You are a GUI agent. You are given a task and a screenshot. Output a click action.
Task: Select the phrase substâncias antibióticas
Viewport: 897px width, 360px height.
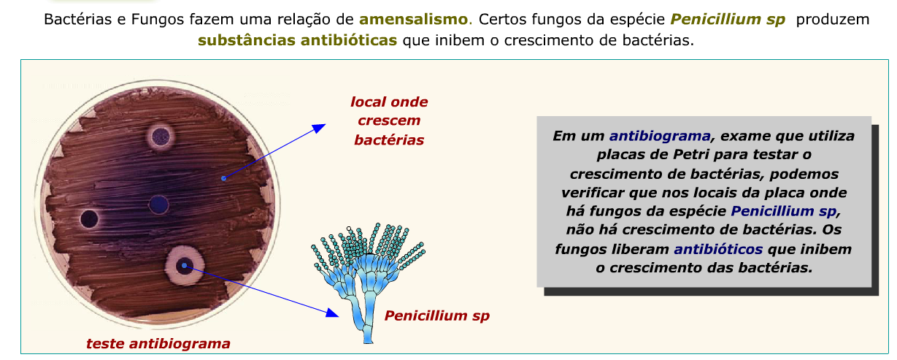click(297, 40)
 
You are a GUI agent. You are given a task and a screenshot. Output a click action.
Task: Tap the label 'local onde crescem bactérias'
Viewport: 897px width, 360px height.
click(389, 120)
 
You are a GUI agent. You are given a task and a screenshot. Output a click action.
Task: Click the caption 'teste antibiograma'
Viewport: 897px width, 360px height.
click(158, 343)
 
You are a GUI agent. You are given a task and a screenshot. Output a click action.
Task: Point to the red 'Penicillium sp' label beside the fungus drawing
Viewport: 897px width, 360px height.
click(437, 316)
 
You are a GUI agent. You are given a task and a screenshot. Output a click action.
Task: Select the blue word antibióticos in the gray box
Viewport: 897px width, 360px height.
click(719, 249)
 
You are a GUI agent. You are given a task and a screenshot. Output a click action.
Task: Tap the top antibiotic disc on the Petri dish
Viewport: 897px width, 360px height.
click(159, 135)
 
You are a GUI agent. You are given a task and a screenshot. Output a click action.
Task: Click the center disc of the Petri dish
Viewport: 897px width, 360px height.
click(158, 203)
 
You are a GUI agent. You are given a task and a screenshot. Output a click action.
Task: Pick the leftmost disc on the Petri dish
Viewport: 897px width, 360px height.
click(90, 218)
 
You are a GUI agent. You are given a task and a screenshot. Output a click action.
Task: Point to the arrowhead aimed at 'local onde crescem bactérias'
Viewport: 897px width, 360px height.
click(319, 129)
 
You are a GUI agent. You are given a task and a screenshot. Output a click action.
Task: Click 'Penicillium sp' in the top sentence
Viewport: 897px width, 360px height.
click(728, 20)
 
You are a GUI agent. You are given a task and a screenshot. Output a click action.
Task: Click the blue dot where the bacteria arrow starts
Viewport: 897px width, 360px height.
click(223, 177)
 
